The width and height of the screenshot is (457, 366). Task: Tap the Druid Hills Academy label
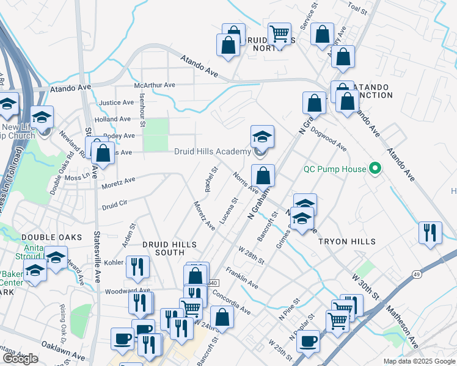(212, 151)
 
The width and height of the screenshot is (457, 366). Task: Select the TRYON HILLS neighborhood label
(347, 242)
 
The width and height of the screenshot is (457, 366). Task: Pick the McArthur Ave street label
(155, 85)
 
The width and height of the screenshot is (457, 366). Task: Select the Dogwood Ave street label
(328, 139)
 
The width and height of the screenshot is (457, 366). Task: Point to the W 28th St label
(252, 256)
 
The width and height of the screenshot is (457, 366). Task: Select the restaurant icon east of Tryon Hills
(430, 233)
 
